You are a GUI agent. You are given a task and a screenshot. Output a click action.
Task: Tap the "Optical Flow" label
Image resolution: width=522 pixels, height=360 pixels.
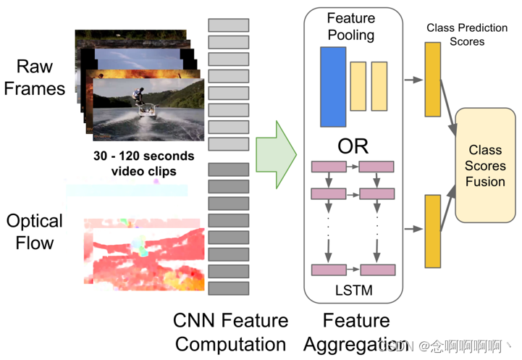tap(35, 231)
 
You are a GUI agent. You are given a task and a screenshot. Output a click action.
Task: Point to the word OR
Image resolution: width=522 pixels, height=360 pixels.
tap(353, 146)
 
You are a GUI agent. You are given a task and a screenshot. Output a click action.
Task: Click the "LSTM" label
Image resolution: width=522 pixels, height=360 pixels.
tap(353, 290)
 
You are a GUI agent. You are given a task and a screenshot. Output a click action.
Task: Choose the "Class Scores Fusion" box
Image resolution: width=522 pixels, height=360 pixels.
tap(485, 166)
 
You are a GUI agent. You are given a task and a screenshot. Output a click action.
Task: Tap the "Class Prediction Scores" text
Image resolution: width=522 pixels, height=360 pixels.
tap(456, 34)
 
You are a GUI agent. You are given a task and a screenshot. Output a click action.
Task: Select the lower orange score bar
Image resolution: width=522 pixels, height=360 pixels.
tap(433, 231)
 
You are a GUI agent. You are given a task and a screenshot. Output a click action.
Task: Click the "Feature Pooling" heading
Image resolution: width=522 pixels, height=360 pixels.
tap(351, 26)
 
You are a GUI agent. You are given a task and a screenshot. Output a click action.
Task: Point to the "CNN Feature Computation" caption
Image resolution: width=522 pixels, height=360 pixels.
tap(230, 332)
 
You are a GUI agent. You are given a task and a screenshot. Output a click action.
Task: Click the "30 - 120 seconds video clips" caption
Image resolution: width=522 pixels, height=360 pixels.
tap(143, 163)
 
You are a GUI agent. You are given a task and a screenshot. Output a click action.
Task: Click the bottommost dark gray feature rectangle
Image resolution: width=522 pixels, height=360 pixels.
tap(229, 288)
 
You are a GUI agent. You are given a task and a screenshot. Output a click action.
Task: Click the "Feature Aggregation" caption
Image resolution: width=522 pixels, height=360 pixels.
tap(356, 332)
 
